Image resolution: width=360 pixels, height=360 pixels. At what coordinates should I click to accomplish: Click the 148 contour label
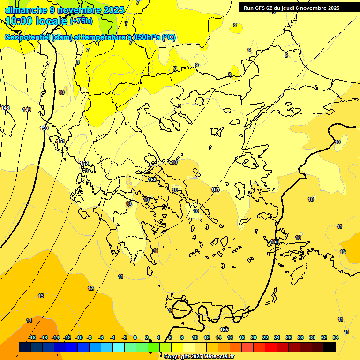(x=5, y=108)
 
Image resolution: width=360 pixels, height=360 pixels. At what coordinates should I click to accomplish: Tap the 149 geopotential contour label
(x=27, y=110)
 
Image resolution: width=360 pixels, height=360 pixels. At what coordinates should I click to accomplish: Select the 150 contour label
(x=45, y=128)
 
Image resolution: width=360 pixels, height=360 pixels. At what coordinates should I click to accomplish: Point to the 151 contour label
(x=60, y=141)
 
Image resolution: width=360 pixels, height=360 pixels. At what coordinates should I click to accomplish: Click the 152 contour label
(x=84, y=163)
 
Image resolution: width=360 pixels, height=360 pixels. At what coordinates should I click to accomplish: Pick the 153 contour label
(x=152, y=180)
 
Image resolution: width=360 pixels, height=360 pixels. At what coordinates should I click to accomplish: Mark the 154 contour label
(x=215, y=189)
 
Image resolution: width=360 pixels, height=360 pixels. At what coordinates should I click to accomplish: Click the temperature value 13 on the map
(x=41, y=296)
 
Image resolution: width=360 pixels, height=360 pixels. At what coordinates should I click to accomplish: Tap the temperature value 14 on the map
(x=29, y=320)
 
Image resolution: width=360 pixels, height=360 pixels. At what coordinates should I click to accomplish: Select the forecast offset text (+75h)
(x=81, y=21)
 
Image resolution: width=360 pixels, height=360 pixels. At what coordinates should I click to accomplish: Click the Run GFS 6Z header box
(x=292, y=7)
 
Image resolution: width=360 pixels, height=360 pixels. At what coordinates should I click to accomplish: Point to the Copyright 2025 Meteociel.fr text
(x=199, y=356)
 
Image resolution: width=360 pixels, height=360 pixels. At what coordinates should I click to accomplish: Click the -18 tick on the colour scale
(x=32, y=337)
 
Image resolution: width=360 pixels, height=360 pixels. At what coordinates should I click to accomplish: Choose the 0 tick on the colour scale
(x=135, y=337)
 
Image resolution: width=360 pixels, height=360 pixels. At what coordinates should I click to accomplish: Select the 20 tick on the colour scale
(x=254, y=337)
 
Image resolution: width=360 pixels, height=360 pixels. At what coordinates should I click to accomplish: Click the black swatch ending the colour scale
(x=329, y=347)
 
